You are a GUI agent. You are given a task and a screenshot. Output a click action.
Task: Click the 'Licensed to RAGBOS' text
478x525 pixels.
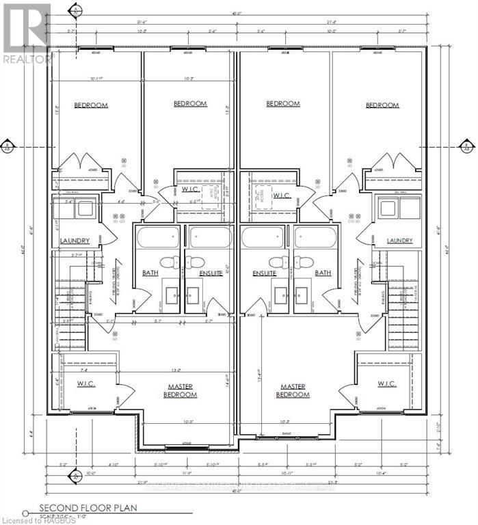(x=32, y=520)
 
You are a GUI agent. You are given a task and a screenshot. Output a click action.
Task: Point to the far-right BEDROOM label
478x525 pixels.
(x=382, y=105)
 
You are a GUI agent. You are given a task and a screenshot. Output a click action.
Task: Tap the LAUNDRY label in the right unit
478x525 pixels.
(x=399, y=241)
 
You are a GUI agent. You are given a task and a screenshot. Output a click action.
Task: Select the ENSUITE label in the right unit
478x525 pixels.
(x=264, y=273)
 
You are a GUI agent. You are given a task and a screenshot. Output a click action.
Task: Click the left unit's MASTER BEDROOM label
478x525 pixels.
(x=183, y=390)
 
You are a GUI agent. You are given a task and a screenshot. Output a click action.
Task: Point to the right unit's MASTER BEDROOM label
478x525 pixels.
(x=293, y=390)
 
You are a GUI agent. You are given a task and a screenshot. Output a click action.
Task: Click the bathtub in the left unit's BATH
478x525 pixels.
(x=158, y=237)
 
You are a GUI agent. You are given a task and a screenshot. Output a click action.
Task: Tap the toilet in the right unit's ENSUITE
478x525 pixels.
(x=278, y=262)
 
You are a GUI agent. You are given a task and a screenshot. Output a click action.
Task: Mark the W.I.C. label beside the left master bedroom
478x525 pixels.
(x=86, y=384)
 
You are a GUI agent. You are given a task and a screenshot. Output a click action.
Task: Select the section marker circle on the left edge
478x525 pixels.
(x=8, y=146)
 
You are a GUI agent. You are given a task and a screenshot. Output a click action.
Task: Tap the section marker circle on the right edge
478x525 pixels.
(x=467, y=146)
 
